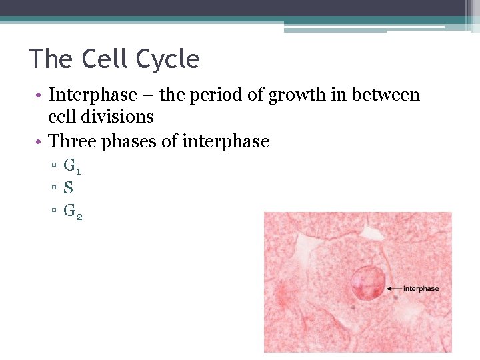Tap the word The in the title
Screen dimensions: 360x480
pos(51,60)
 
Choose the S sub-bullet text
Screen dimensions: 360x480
pos(68,188)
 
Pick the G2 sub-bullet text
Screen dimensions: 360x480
pos(73,211)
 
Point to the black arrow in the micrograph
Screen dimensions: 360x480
pos(395,289)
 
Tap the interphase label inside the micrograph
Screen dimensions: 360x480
pos(421,289)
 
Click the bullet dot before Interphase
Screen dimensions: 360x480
pos(41,95)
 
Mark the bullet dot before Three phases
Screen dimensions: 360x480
pos(41,142)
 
